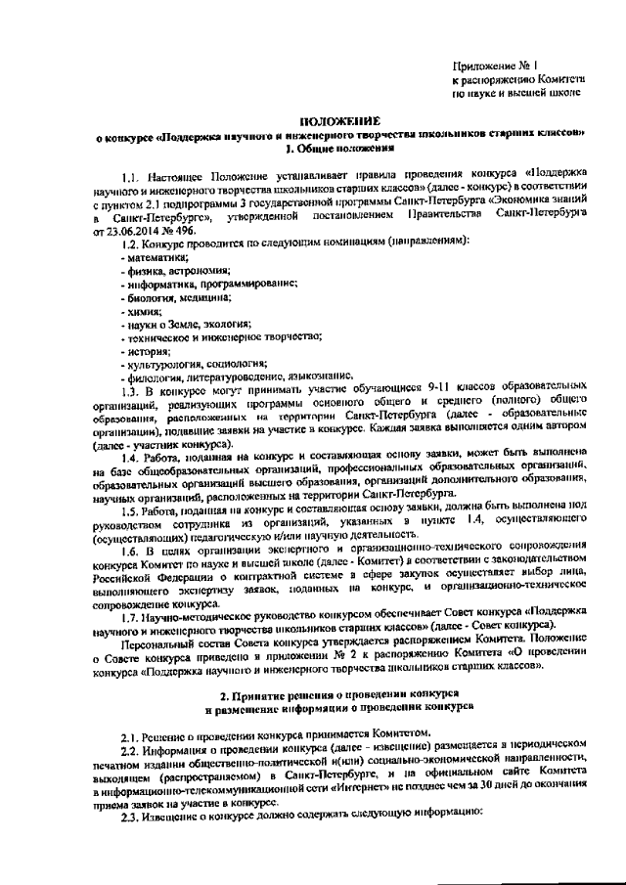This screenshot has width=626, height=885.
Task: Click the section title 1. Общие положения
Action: point(338,149)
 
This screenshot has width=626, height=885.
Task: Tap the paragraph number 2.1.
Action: point(131,732)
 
